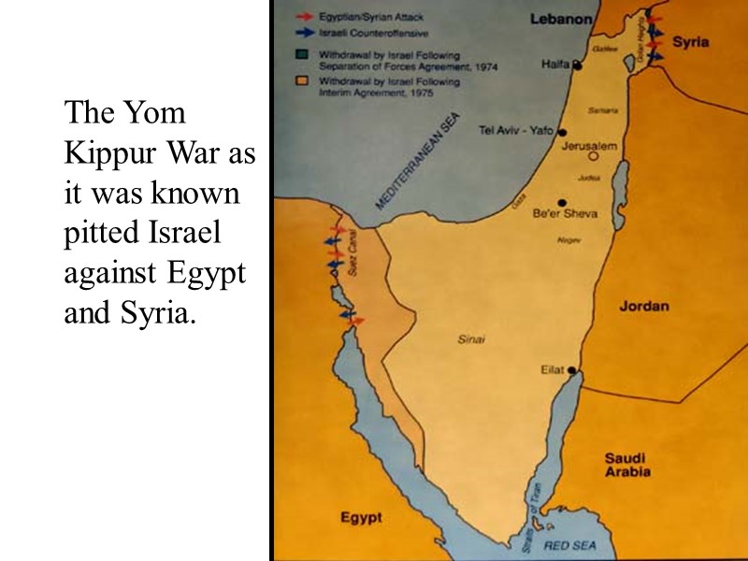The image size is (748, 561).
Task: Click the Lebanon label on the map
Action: pyautogui.click(x=561, y=18)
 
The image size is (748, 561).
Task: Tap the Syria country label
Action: pyautogui.click(x=691, y=42)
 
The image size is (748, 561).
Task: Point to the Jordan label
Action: pyautogui.click(x=643, y=306)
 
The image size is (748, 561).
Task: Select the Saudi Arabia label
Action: pyautogui.click(x=627, y=465)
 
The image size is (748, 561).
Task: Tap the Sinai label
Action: pyautogui.click(x=471, y=339)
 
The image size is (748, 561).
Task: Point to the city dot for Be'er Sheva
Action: pyautogui.click(x=562, y=202)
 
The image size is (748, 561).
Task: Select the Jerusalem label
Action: pyautogui.click(x=588, y=146)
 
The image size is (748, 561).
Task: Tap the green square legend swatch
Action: pyautogui.click(x=302, y=54)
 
